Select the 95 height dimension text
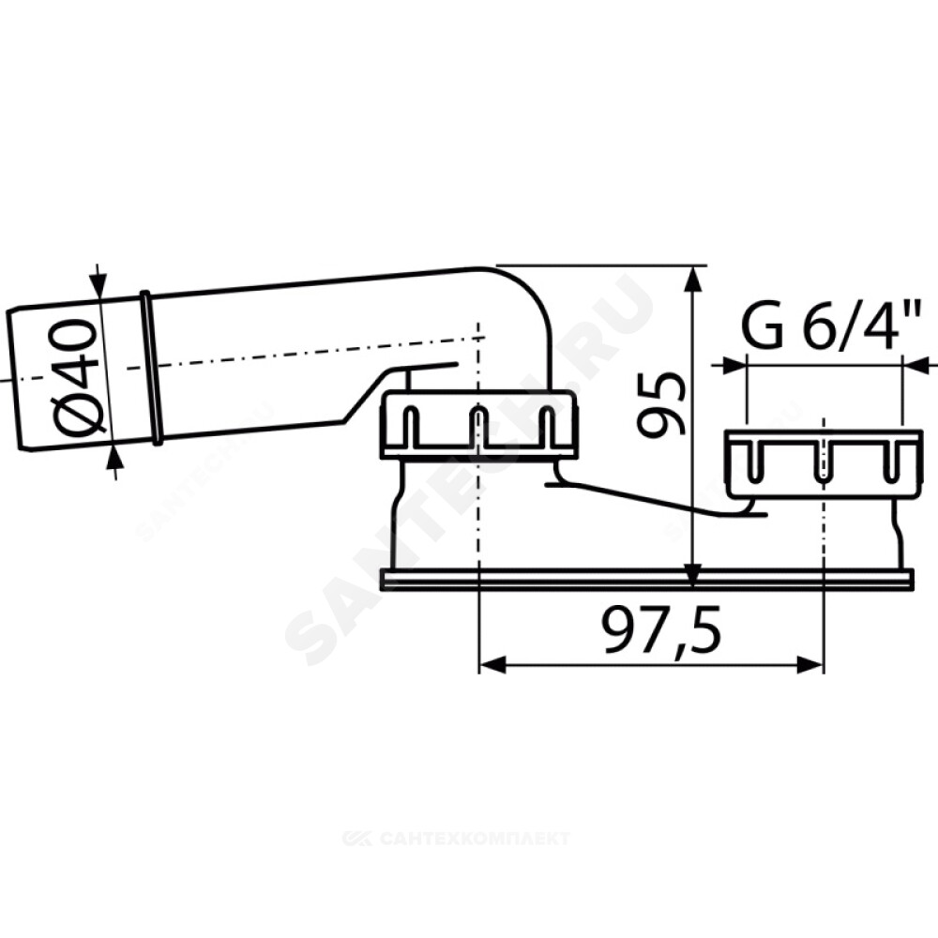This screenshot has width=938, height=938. point(659,403)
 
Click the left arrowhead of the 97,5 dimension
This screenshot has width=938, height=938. point(492,664)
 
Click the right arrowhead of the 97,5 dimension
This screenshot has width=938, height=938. point(810,664)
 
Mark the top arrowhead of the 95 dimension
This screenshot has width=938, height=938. point(693,279)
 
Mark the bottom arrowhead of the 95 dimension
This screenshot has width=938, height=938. point(693,576)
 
